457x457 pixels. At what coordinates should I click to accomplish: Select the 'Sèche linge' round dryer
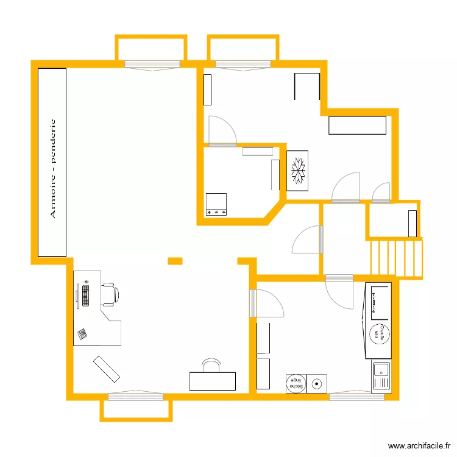point(296,383)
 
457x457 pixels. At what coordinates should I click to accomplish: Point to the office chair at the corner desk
point(110,294)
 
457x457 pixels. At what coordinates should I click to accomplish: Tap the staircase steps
point(396,259)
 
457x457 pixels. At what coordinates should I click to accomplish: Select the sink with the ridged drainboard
point(381,376)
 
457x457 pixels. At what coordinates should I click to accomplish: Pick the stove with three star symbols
point(216,204)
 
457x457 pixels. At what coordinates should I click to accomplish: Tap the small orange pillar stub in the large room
point(175,261)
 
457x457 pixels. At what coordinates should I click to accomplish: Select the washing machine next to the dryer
point(317,383)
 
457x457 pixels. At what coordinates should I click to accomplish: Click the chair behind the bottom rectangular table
point(211,366)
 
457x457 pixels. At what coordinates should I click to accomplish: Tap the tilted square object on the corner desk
point(82,333)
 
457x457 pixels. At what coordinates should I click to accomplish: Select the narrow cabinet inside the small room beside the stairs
point(413,224)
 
